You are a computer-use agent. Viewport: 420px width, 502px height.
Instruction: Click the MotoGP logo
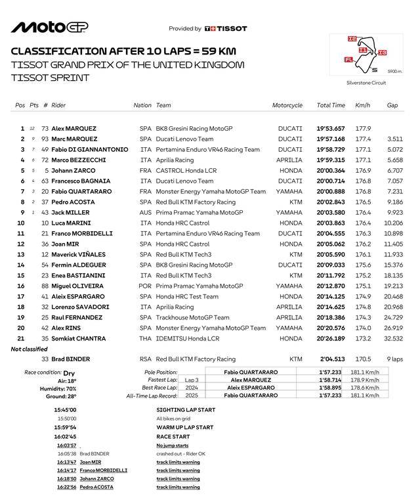(x=49, y=27)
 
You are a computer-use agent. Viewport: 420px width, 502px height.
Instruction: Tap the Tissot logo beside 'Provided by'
(x=226, y=29)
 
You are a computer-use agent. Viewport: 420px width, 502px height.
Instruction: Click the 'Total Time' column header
(x=331, y=105)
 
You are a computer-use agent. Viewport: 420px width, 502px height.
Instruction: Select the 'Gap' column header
(x=392, y=105)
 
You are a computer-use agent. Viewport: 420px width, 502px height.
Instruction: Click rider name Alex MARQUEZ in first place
(x=73, y=129)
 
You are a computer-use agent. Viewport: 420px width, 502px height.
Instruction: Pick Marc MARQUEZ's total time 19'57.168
(x=331, y=139)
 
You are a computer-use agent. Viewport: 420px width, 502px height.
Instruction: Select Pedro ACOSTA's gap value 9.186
(x=394, y=202)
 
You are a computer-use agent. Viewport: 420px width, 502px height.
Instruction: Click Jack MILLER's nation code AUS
(x=145, y=213)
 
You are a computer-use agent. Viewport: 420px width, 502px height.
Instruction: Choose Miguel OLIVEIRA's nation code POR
(x=145, y=286)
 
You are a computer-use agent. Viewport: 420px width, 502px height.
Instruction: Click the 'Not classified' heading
(x=29, y=349)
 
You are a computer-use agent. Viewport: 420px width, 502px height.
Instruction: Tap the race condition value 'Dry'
(x=69, y=373)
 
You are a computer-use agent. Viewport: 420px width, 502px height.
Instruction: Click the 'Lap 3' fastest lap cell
(x=192, y=380)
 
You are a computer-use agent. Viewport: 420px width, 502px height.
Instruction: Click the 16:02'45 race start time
(x=66, y=436)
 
